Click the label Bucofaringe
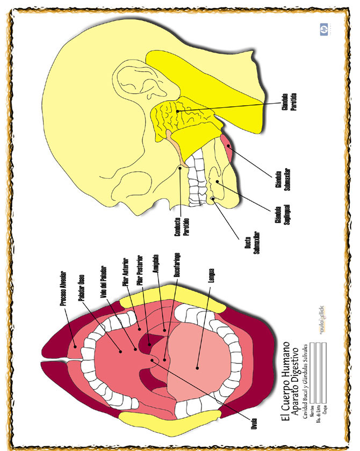pos(177,265)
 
